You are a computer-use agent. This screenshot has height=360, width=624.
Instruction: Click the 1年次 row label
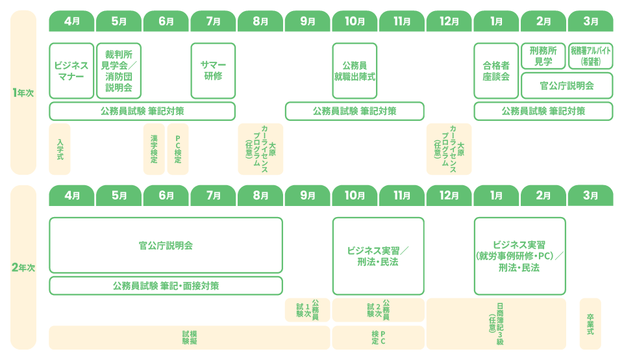23,93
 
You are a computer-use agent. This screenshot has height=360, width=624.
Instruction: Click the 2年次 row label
23,267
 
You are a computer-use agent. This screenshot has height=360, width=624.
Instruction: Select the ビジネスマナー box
71,71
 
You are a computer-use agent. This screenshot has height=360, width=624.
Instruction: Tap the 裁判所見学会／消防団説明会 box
119,71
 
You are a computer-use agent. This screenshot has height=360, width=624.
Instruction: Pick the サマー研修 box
213,71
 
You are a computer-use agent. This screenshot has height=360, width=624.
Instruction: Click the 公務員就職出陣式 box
355,71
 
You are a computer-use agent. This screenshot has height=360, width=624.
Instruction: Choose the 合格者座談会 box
496,71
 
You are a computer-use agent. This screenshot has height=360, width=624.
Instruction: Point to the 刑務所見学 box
543,56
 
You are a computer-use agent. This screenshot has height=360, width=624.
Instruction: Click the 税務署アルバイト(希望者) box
591,56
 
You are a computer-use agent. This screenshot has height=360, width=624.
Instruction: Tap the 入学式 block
60,149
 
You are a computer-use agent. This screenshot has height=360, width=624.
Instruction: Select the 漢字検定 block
154,149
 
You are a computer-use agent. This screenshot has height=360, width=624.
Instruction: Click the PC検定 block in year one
178,149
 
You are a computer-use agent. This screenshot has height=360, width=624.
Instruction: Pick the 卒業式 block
590,324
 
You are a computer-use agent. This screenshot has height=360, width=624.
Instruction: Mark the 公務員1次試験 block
307,310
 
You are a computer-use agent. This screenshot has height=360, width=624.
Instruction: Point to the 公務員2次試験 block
378,310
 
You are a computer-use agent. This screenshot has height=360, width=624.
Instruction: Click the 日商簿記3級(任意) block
496,324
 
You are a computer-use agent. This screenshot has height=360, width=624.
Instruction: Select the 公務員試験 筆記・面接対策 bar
166,285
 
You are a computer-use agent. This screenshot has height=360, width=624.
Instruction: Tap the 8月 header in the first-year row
260,21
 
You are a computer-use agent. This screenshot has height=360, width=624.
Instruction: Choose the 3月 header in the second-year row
591,196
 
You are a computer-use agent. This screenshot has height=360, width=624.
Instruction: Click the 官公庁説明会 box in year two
166,246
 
